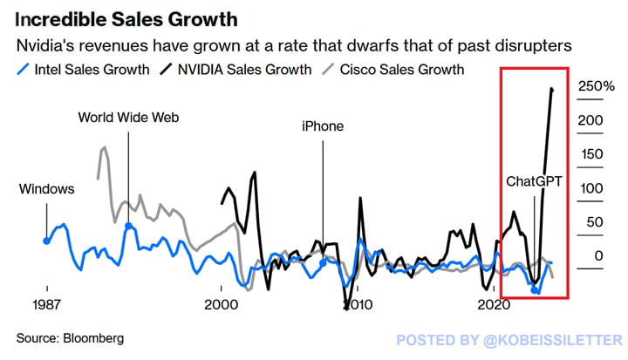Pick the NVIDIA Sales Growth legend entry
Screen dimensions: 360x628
[243, 69]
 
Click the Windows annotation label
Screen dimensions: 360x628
[46, 188]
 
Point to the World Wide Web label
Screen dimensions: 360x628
[128, 117]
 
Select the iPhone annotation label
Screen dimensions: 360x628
[323, 126]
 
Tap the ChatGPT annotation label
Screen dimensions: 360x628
[535, 181]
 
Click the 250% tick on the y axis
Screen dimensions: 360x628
[597, 86]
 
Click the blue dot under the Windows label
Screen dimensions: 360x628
[46, 240]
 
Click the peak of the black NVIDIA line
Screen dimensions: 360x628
[551, 88]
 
